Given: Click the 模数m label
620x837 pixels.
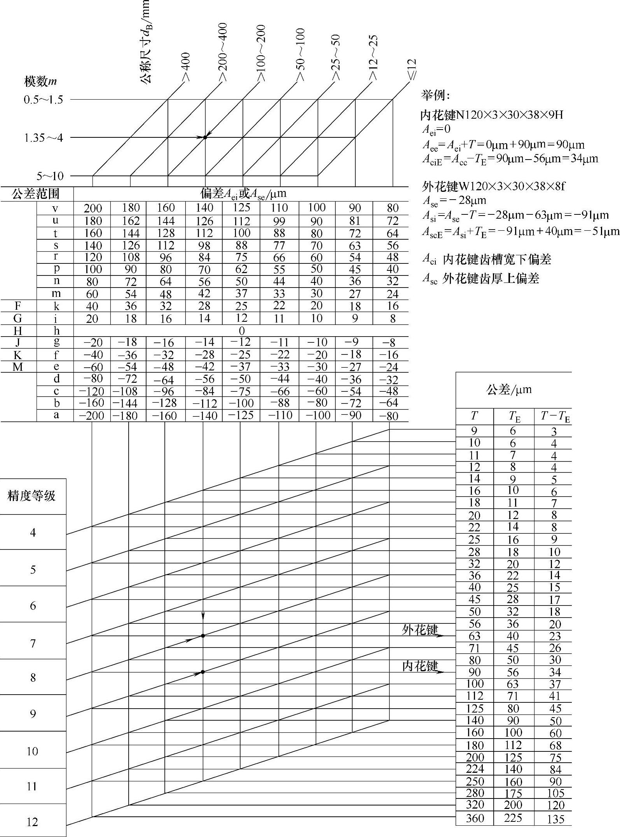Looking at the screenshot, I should point(40,81).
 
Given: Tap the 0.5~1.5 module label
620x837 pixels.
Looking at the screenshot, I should point(43,100).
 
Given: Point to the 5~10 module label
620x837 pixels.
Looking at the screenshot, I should point(50,176).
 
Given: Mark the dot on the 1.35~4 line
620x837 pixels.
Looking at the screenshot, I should point(205,137).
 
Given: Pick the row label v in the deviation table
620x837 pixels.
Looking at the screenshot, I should point(55,209).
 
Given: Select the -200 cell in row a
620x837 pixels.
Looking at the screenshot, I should point(92,416).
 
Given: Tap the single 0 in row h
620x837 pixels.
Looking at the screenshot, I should point(241,331).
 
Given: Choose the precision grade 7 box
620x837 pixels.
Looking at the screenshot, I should point(33,643).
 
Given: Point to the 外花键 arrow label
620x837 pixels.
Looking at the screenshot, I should point(420,630).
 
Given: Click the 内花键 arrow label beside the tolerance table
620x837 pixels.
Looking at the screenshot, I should point(420,666).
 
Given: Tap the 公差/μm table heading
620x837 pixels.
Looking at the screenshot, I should point(508,390).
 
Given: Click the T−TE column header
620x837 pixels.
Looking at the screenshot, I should point(555,417).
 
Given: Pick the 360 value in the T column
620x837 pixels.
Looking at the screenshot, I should point(475,818).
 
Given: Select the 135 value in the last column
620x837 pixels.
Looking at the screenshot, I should point(555,819).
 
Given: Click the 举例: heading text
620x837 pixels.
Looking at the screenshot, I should point(435,95).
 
